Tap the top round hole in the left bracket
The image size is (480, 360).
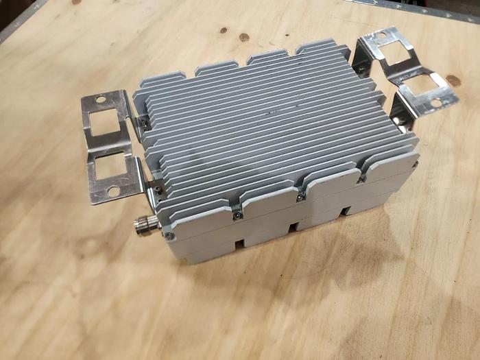[x=101, y=101]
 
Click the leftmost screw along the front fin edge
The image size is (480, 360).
[x=237, y=214]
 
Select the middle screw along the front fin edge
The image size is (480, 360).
[x=300, y=197]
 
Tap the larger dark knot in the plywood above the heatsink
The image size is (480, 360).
[x=243, y=37]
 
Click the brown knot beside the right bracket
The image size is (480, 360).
[x=453, y=81]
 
